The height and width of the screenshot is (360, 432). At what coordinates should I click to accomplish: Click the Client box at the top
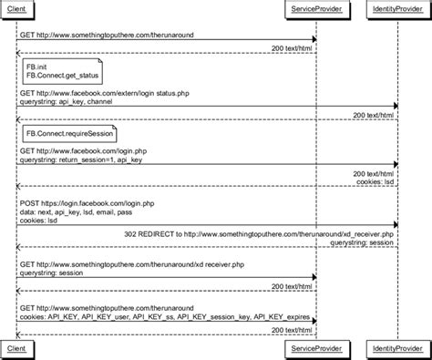tap(15, 8)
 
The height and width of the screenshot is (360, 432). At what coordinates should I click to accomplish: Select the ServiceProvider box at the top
tap(315, 8)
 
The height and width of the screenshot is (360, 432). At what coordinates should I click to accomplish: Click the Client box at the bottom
tap(15, 349)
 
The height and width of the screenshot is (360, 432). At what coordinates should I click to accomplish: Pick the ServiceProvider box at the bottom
tap(315, 349)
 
